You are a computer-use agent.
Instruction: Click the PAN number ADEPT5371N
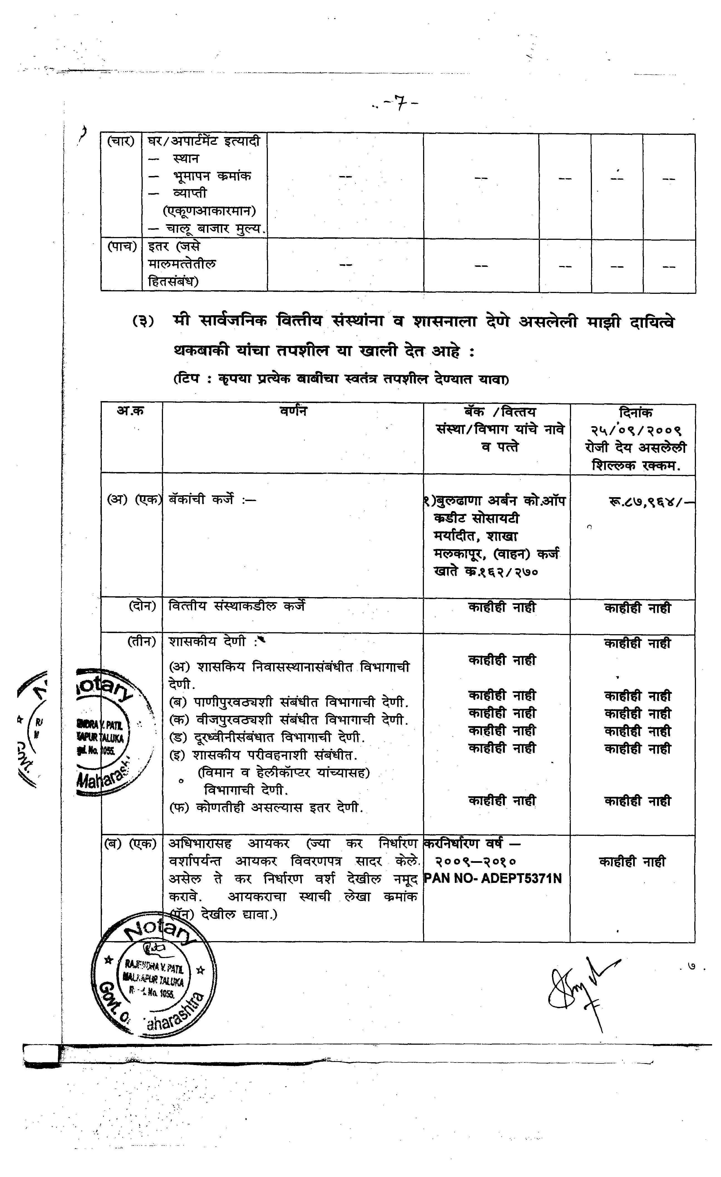[492, 878]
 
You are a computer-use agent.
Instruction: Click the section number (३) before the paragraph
[143, 321]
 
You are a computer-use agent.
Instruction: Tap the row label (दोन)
[142, 606]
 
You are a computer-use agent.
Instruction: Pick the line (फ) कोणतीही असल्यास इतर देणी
[266, 808]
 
